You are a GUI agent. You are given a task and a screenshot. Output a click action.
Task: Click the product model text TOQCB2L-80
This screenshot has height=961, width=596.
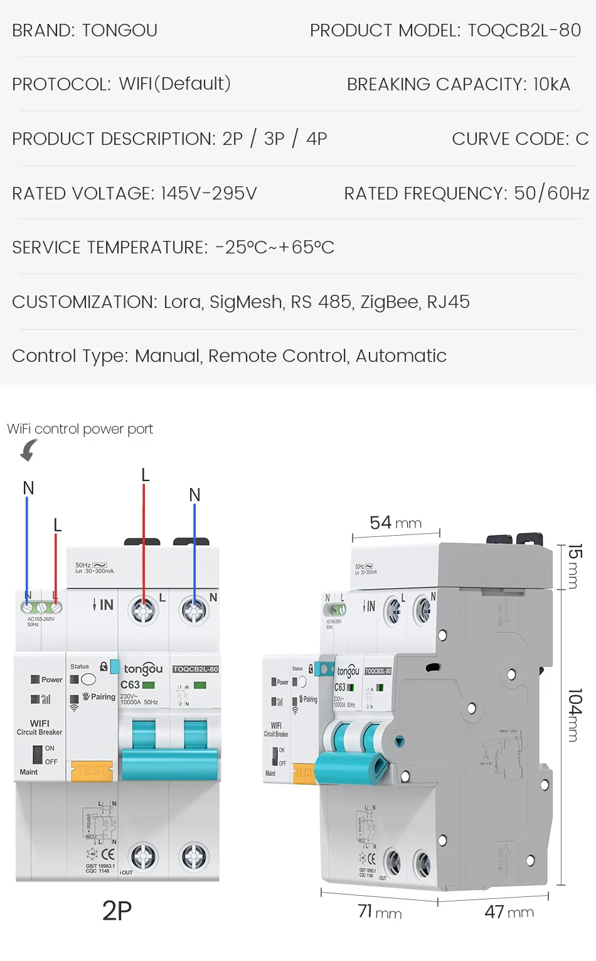coord(524,30)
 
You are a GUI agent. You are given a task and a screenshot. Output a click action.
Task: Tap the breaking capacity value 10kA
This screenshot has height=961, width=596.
coord(551,84)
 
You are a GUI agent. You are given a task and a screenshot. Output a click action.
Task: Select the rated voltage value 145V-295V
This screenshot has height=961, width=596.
coord(209,193)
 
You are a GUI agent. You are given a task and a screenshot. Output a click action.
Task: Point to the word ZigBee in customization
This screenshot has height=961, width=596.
coord(389,302)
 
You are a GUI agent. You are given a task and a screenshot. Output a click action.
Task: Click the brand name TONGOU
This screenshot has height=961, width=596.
coord(119,30)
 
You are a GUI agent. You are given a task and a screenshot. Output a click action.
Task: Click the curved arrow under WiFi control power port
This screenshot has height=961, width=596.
coord(28,450)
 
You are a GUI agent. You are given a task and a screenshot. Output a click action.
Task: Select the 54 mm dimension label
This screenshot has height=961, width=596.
coord(395,523)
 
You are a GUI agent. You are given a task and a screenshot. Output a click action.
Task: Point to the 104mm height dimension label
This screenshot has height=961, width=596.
coord(575,715)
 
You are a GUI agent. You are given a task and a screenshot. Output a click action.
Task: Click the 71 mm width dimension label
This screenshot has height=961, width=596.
coord(380,911)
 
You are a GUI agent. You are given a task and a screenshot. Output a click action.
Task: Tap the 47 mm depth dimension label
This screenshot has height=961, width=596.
coord(509,911)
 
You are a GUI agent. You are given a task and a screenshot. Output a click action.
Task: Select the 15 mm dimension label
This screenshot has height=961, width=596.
coord(575,566)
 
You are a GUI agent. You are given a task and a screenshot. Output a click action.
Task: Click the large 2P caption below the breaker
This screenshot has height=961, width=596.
coord(117,911)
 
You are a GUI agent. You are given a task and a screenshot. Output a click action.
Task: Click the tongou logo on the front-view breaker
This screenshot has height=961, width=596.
coord(143,669)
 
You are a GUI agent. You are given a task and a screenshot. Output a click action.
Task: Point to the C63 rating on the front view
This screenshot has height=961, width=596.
coord(130,685)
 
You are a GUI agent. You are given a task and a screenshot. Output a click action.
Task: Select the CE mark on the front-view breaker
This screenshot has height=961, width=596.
coord(108,854)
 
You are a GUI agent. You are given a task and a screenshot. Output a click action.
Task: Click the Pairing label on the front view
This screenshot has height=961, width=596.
coord(103,697)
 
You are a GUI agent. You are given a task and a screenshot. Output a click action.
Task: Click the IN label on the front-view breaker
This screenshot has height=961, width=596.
coord(104,605)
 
